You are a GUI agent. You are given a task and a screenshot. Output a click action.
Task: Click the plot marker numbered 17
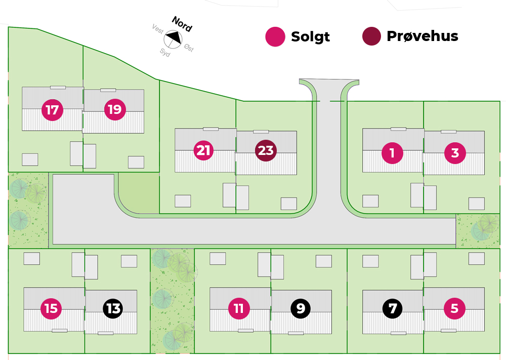click(52, 109)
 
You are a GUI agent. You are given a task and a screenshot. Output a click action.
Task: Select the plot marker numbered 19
click(115, 109)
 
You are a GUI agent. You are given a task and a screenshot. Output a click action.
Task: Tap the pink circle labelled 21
click(203, 150)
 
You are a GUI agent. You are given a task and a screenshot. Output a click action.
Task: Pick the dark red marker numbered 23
click(266, 150)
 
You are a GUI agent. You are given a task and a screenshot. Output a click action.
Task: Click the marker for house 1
click(392, 152)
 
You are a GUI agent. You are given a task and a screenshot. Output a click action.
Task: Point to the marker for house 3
click(455, 152)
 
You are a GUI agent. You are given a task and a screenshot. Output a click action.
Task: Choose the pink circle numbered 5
click(454, 308)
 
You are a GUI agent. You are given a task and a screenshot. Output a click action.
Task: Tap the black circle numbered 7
click(393, 308)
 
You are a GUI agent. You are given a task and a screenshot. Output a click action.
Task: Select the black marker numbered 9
click(301, 308)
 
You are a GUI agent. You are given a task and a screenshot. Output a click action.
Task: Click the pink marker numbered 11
click(239, 308)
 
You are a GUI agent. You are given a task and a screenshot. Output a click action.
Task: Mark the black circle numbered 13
click(113, 308)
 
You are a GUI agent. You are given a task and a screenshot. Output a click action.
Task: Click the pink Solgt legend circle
click(276, 36)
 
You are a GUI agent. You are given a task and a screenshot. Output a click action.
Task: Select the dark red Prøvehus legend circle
click(371, 36)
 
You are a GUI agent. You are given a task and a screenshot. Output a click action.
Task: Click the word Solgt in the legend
click(310, 37)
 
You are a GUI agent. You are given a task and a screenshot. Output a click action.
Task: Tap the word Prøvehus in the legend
click(422, 36)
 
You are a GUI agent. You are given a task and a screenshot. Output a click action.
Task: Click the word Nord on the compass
click(182, 24)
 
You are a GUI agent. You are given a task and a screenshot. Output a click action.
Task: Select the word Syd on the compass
click(165, 52)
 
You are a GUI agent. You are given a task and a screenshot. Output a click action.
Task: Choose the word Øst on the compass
click(189, 49)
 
